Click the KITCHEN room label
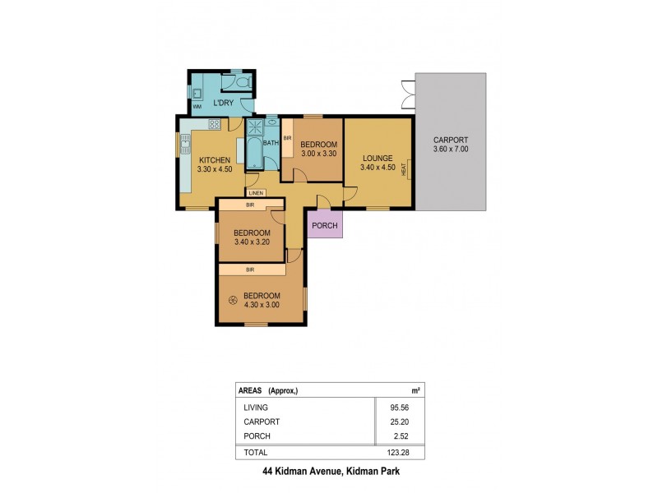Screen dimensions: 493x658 214,159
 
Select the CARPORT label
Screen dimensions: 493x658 451,140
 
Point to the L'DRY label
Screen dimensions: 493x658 223,103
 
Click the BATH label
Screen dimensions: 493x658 271,142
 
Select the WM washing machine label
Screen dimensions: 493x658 197,107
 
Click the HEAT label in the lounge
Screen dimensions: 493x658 404,169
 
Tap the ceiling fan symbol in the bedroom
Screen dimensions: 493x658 234,301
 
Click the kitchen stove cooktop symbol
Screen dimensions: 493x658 215,125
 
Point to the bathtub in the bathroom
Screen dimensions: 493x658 252,153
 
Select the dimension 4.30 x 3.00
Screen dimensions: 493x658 262,306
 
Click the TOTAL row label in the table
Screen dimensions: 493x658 255,453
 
